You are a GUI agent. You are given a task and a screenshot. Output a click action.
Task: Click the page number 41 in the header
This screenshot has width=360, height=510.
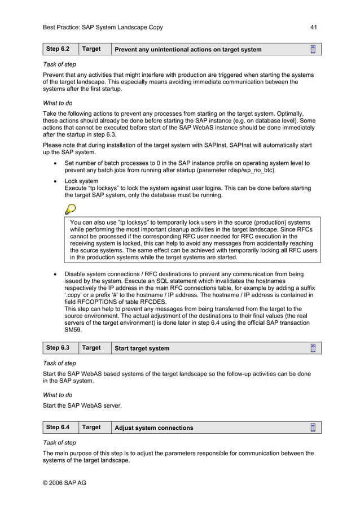coord(314,27)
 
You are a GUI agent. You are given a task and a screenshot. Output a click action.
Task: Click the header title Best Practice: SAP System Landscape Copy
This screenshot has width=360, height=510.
coord(103,27)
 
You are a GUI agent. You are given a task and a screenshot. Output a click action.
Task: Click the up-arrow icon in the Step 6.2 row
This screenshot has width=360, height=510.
coord(313,49)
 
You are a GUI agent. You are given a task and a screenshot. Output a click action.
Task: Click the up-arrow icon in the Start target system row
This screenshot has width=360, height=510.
coord(313,348)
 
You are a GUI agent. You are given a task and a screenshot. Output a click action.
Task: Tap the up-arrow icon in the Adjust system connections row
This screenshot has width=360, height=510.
coord(313,428)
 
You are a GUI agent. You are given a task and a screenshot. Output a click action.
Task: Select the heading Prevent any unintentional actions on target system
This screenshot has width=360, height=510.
coord(188,50)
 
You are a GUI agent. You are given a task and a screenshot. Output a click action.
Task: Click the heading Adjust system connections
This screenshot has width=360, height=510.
coord(153,428)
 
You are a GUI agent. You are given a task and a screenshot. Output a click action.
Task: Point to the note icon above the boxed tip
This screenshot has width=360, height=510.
coord(71,209)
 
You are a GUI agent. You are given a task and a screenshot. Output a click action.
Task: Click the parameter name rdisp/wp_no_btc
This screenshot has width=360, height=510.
coord(250,170)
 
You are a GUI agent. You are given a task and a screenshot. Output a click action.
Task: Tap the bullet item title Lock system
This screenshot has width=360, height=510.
coord(81,181)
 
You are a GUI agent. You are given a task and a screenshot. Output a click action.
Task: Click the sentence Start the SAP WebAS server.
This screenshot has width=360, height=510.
coord(82,405)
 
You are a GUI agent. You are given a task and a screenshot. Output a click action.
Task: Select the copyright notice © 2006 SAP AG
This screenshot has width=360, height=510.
coord(64,482)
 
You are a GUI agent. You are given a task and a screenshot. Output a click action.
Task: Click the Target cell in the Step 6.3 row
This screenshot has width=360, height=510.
coord(91,348)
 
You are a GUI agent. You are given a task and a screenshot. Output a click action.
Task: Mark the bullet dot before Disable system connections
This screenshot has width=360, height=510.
coord(54,274)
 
